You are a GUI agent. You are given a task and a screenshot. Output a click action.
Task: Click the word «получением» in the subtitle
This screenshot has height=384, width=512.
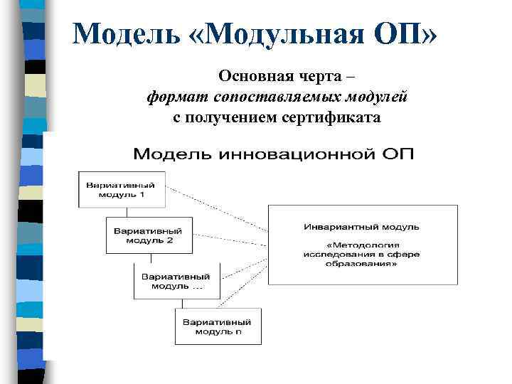226,117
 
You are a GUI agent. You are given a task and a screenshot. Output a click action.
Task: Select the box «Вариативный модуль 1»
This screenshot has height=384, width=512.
122,190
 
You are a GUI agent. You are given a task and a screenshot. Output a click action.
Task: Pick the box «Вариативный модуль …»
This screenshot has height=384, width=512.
176,281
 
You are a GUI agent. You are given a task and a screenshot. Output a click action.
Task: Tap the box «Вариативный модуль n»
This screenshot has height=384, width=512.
218,326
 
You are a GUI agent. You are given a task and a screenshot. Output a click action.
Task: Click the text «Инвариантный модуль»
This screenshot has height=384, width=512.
361,228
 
